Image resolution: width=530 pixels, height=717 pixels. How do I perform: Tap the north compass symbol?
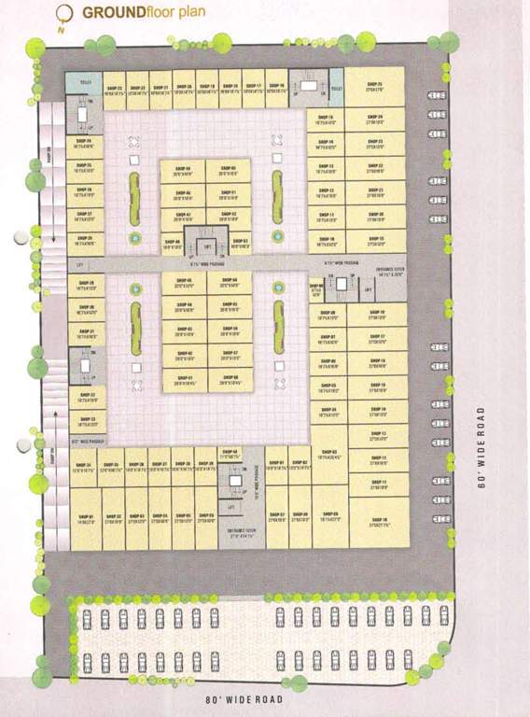[63, 13]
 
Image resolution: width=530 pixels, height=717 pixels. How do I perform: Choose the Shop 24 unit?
[374, 119]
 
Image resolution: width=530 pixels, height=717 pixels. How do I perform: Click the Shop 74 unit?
[84, 144]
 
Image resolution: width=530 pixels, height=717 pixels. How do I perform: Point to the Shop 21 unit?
[374, 192]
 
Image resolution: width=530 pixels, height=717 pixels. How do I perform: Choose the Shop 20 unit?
[374, 217]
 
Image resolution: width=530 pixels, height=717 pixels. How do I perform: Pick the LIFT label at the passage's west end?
[81, 264]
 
